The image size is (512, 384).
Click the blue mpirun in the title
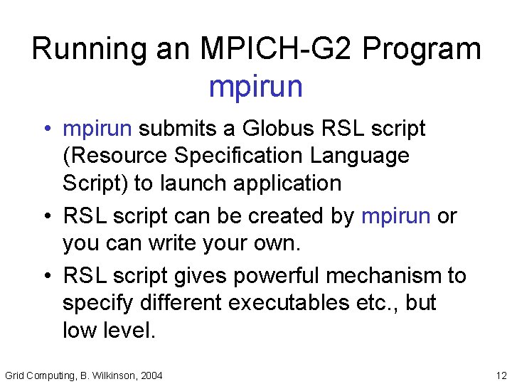[x=256, y=87]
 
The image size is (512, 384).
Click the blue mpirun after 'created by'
[x=396, y=215]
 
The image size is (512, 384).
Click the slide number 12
[x=501, y=375]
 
